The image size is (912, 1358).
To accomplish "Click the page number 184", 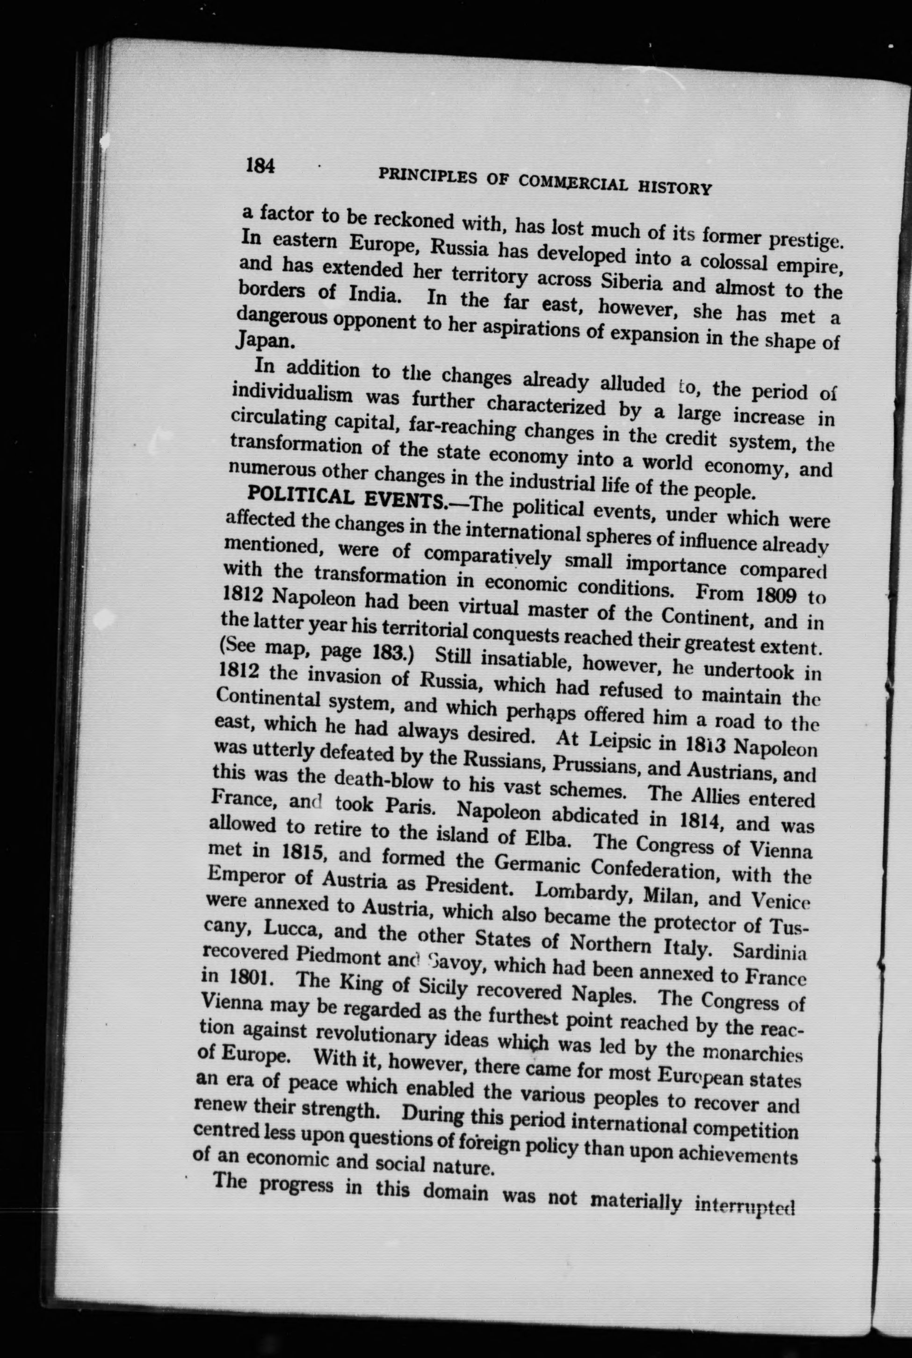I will (260, 166).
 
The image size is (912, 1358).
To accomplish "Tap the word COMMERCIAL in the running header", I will (573, 184).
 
